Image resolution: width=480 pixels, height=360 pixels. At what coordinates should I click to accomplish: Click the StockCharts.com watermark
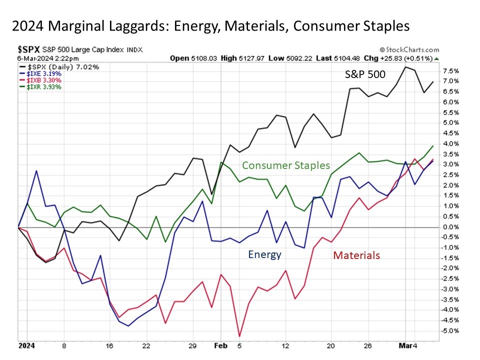[x=409, y=50]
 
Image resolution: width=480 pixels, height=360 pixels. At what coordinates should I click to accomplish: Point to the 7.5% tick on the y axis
[x=451, y=70]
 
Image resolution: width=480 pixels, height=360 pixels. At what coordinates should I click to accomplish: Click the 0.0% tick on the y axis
[x=451, y=227]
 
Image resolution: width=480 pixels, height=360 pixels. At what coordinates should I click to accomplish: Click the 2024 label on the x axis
[x=26, y=345]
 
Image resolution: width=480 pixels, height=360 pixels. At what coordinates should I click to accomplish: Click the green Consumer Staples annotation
[x=286, y=165]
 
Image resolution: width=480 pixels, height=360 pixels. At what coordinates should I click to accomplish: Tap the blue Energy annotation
[x=265, y=254]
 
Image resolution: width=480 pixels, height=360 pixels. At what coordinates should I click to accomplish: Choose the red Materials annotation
[x=356, y=255]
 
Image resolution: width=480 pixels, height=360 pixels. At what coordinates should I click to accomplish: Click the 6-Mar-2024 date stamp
[x=37, y=58]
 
